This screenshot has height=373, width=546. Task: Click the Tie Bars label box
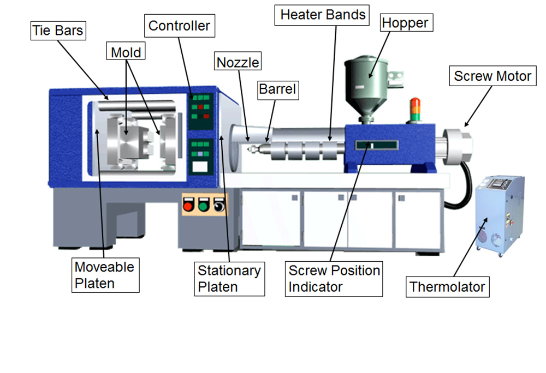click(58, 30)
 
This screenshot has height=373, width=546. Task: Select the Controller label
click(179, 26)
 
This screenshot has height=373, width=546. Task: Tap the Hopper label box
click(405, 23)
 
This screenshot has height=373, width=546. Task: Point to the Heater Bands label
click(323, 15)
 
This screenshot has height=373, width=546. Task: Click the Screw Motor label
click(492, 76)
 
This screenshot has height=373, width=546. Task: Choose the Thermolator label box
click(447, 286)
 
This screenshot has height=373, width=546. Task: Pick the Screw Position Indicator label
click(334, 278)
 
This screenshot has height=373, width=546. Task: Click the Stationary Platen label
click(229, 278)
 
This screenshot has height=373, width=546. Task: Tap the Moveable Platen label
click(104, 275)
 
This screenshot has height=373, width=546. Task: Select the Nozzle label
click(238, 62)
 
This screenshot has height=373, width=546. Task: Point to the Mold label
click(126, 53)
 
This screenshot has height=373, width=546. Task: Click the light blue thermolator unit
click(499, 215)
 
